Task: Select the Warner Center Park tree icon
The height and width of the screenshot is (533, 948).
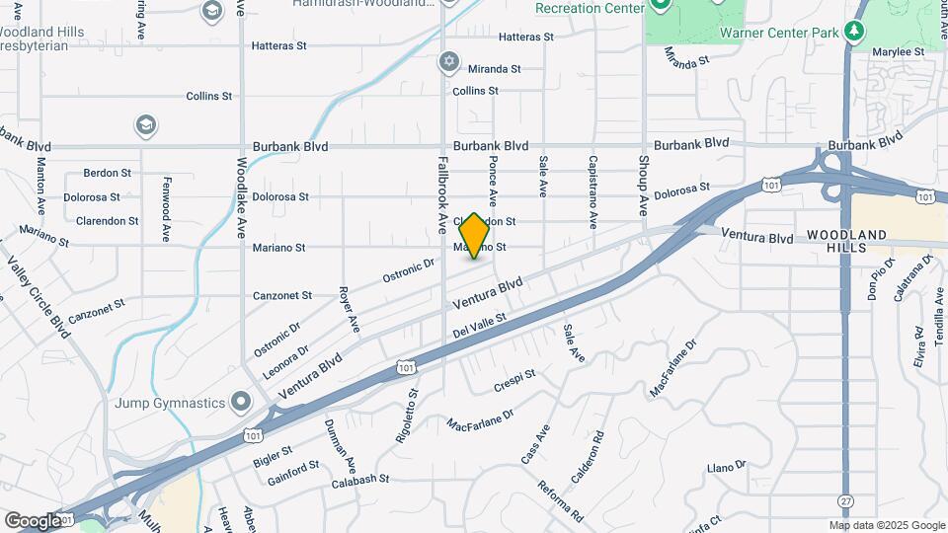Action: tap(855, 31)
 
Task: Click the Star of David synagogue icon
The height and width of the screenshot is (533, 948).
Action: tap(449, 62)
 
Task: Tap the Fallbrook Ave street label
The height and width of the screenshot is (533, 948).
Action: tap(442, 191)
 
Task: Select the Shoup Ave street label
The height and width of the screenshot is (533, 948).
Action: tap(643, 186)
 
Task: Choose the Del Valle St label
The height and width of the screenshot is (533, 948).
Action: tap(481, 325)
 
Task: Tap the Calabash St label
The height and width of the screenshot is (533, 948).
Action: tap(360, 480)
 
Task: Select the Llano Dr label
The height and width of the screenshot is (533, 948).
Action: tap(727, 467)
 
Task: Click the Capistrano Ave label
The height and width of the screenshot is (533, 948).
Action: tap(592, 191)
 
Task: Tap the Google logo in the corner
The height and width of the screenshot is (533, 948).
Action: tap(34, 520)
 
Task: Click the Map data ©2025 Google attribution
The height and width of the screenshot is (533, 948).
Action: tap(886, 525)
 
